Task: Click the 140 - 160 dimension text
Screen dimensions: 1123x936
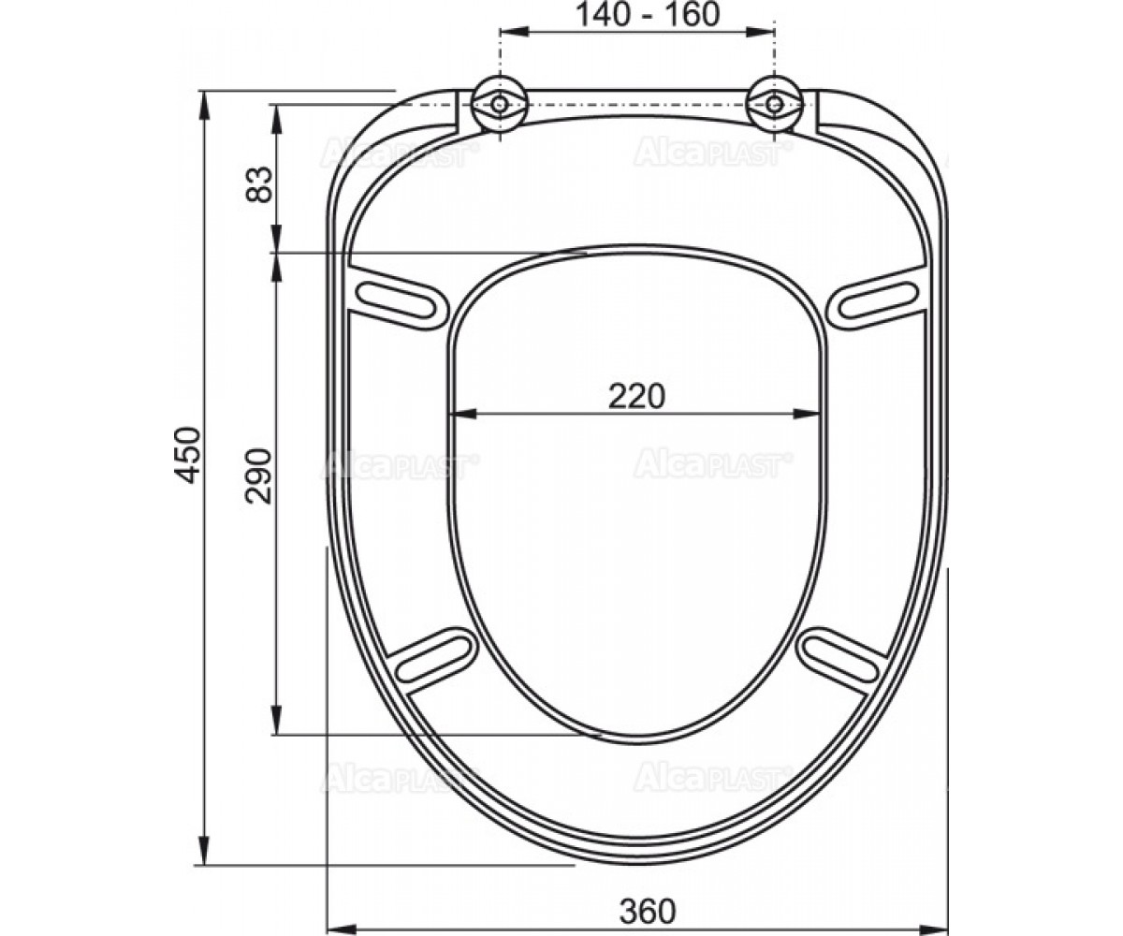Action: (648, 15)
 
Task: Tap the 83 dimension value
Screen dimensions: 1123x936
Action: (259, 184)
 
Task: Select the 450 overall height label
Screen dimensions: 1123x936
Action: (188, 455)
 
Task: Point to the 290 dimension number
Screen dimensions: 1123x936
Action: (258, 475)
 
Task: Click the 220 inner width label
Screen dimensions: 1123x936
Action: (636, 396)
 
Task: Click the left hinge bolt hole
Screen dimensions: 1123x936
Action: (499, 104)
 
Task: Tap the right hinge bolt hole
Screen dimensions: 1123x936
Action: (774, 104)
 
